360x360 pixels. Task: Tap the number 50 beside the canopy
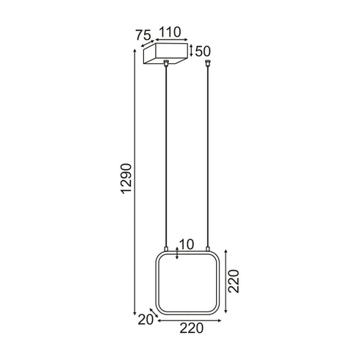(x=203, y=51)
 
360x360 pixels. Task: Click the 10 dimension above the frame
(x=186, y=244)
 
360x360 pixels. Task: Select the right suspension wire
(x=209, y=154)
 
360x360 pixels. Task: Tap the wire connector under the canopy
(x=168, y=64)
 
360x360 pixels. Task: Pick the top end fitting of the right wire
(x=209, y=64)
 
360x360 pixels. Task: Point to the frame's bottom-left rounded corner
(x=159, y=312)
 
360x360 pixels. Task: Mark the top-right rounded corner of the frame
(x=217, y=259)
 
